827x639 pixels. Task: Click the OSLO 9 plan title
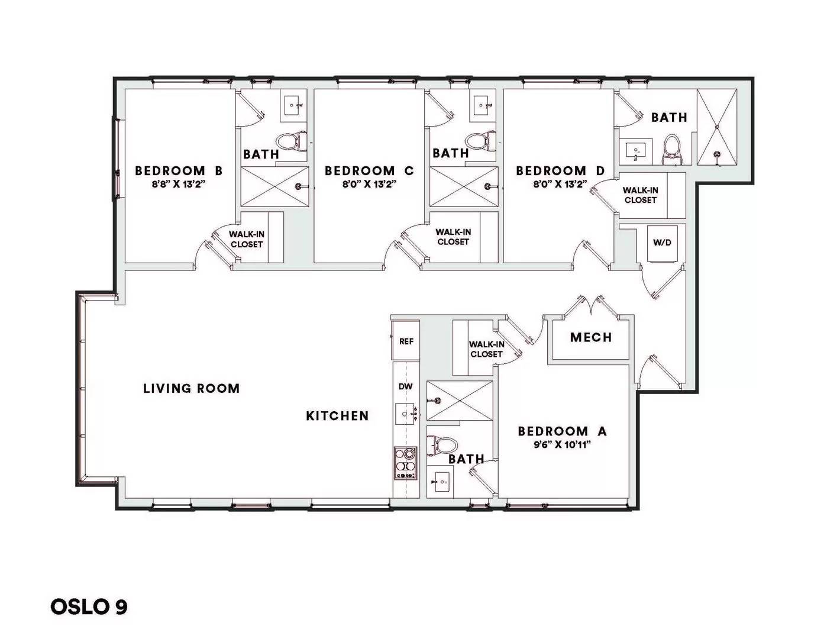point(89,607)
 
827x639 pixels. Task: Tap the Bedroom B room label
point(179,171)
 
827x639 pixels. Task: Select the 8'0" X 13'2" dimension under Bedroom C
point(369,184)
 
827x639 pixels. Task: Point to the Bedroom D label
point(560,171)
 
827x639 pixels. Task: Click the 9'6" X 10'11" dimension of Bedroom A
point(562,444)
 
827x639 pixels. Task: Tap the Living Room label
point(192,388)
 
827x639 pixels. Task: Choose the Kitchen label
point(338,415)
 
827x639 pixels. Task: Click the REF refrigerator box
point(406,341)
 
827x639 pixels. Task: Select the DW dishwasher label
point(406,387)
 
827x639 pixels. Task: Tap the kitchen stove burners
point(405,463)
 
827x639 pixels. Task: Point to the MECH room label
point(591,337)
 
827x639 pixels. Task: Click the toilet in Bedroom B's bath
point(292,141)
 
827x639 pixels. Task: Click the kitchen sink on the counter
point(406,414)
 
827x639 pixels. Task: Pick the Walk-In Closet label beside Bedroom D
point(640,195)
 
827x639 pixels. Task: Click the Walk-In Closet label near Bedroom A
point(487,349)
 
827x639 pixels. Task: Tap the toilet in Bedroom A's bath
point(442,445)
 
